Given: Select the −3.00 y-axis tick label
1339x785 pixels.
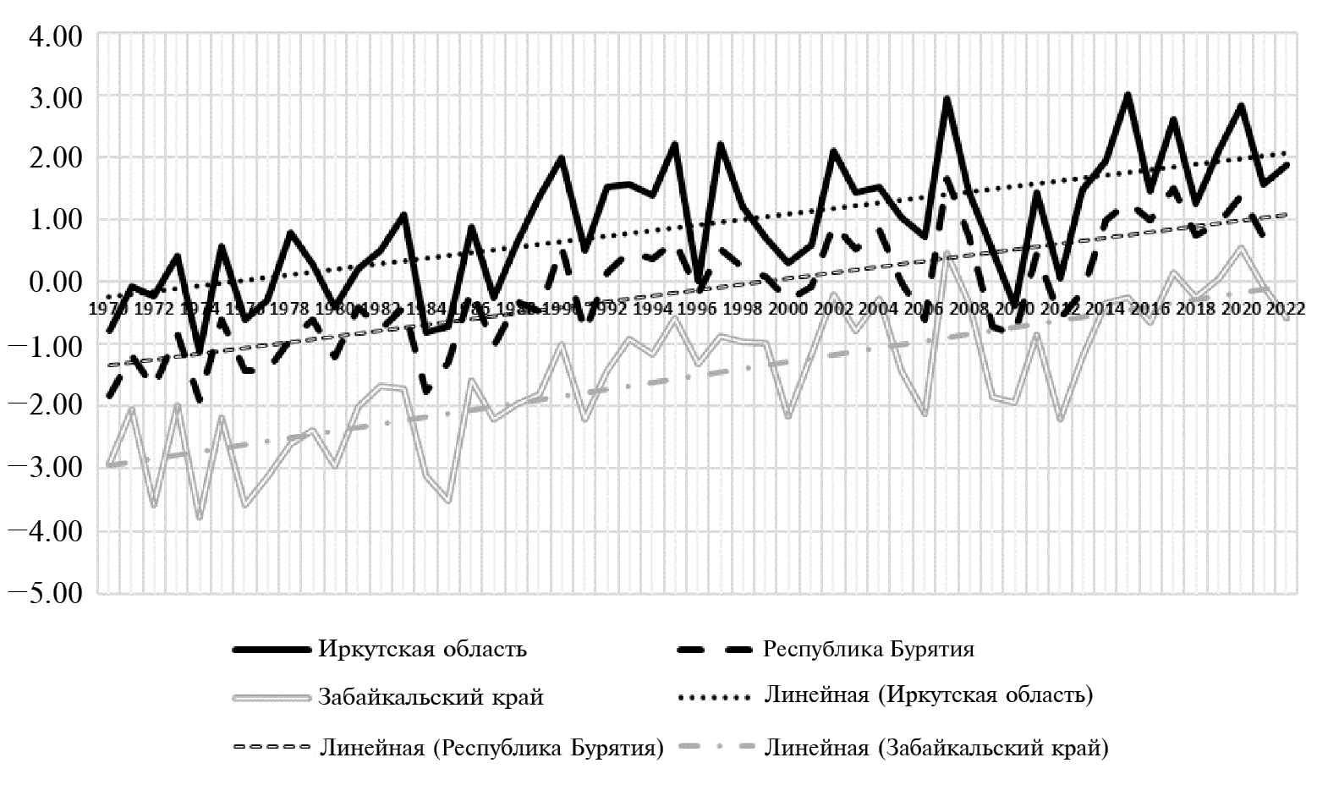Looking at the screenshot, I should coord(47,469).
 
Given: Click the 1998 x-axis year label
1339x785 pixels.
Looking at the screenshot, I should coord(743,309).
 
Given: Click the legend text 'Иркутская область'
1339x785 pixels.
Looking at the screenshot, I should coord(423,650).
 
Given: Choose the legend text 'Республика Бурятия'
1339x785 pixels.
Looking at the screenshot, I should coord(869,650).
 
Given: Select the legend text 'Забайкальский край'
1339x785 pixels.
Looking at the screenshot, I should coord(431,698).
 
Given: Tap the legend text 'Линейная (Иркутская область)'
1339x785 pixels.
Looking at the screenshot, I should coord(928,695).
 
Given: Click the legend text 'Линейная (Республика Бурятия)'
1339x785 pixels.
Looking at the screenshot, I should coord(491,748).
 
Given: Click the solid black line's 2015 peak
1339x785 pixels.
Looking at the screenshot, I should coord(1128,94).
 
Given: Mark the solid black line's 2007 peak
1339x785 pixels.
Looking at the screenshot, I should coord(947,98).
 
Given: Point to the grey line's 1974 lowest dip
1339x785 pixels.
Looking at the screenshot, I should coord(200,518).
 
